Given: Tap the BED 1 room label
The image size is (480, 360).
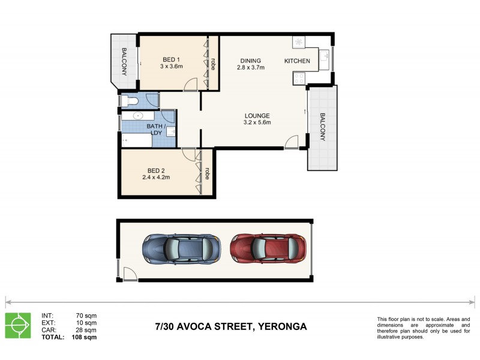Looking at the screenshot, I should (172, 59).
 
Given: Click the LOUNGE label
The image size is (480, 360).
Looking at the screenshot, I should (257, 116).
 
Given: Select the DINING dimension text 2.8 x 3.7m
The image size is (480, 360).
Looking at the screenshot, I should (250, 68).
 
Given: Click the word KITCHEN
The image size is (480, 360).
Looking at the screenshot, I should (297, 61).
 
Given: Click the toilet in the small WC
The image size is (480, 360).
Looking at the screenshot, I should (127, 100).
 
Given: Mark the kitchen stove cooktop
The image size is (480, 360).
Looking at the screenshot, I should (299, 77).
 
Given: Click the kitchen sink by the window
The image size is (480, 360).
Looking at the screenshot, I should (323, 58).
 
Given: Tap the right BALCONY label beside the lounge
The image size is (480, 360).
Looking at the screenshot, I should (322, 127).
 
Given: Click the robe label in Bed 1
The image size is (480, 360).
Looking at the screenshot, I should (213, 62).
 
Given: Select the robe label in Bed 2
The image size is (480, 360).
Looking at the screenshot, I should (207, 173).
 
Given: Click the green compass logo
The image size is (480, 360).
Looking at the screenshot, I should (17, 325).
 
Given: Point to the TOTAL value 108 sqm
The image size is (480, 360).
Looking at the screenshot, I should (84, 337).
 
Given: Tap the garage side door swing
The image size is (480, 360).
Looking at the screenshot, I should (128, 274).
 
